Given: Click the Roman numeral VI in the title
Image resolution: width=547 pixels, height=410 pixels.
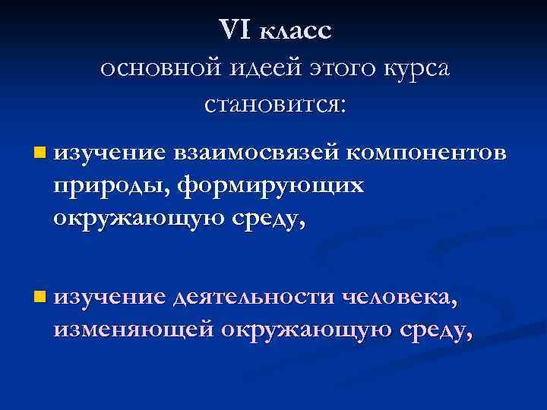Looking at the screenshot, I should (235, 31).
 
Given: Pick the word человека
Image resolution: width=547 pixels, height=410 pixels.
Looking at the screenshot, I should (400, 300).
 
